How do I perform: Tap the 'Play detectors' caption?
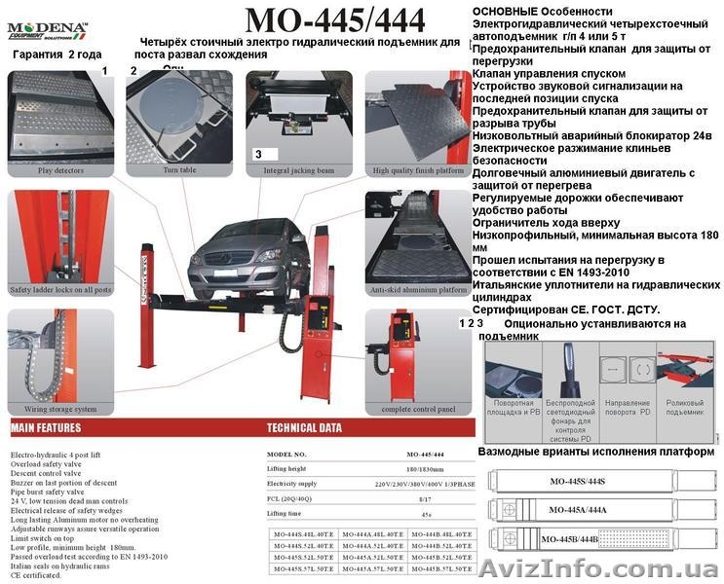59,170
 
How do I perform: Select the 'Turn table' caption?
179,170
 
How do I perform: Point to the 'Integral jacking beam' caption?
298,170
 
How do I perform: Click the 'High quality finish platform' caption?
418,171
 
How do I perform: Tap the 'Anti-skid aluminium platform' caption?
419,289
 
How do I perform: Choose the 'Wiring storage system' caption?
54,409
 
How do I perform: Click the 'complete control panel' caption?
418,409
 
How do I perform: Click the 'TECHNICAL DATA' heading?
304,427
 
